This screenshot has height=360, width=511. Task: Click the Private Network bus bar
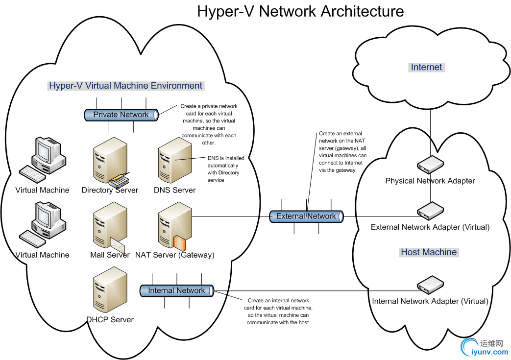121,115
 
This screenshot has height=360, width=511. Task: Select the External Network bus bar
306,216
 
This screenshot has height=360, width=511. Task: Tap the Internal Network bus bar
176,290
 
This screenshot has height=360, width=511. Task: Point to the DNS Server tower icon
174,160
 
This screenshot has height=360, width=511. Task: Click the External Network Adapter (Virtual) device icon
430,211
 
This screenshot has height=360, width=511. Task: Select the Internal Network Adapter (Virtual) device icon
430,285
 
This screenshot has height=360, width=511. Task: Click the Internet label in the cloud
426,67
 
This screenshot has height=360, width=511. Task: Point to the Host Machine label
429,252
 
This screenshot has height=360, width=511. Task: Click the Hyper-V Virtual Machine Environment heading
125,86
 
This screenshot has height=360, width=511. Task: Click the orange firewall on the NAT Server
179,243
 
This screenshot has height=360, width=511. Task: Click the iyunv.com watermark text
488,352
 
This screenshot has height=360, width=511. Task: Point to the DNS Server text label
174,190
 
